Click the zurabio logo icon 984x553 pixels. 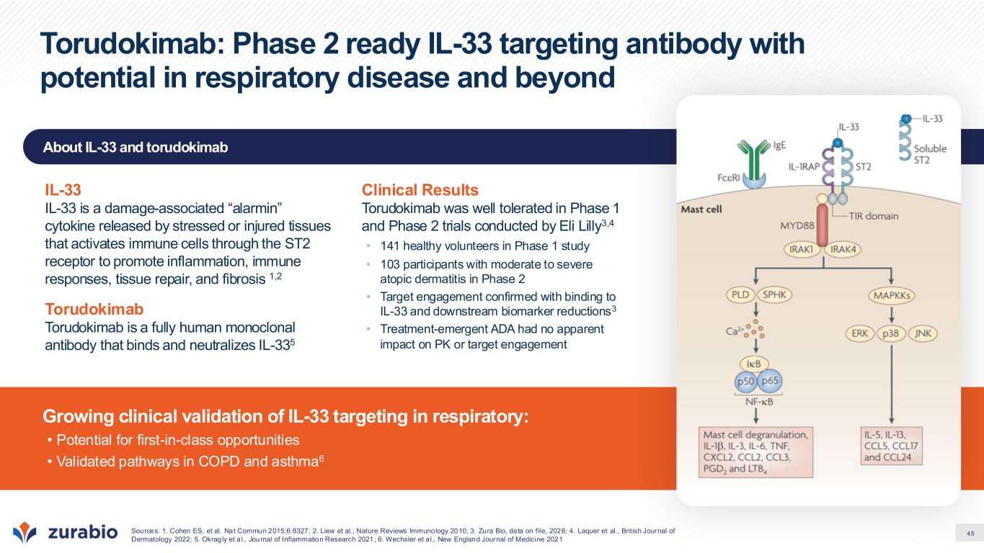coord(25,532)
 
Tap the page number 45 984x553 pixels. coord(970,534)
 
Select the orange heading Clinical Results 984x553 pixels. coord(420,189)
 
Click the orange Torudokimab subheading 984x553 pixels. coord(94,309)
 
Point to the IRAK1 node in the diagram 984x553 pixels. coord(802,249)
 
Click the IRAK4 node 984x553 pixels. coord(843,249)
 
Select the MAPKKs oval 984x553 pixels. coord(891,295)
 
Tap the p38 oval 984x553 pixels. coord(891,333)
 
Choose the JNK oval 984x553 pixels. coord(923,333)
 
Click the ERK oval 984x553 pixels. coord(860,333)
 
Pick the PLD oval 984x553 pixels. coord(740,295)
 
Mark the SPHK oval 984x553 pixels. coord(774,295)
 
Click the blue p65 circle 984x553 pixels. coord(770,380)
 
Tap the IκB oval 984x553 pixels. coord(754,364)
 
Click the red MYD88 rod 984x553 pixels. coord(822,225)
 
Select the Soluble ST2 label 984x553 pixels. coord(930,154)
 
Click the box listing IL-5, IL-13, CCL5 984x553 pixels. coord(891,446)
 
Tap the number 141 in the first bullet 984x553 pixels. coord(389,246)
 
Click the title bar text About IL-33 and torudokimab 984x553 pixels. coord(136,147)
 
